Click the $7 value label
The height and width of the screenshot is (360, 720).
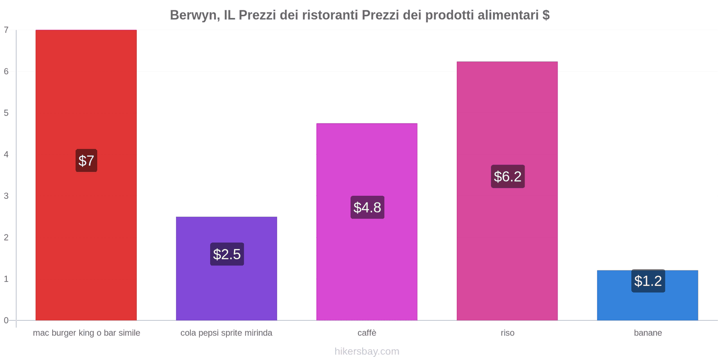click(x=86, y=161)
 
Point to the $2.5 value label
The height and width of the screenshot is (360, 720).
click(x=227, y=254)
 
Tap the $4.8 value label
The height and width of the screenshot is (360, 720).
click(x=367, y=207)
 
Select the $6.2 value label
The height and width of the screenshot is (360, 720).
click(x=508, y=176)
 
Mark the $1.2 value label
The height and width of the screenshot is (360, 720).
click(x=648, y=281)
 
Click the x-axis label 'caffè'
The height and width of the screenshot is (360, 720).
click(x=367, y=333)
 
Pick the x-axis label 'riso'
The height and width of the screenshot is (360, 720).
click(x=507, y=333)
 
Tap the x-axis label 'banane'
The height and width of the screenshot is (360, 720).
click(x=648, y=333)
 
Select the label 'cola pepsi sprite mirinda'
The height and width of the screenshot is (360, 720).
click(x=226, y=333)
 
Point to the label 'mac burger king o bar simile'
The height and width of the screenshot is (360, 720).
click(x=86, y=333)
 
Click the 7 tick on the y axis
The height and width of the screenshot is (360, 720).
click(x=6, y=30)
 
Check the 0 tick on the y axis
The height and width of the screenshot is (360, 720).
click(x=6, y=320)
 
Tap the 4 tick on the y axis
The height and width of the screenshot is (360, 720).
click(x=6, y=154)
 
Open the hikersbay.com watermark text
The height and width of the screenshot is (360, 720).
click(x=367, y=351)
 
